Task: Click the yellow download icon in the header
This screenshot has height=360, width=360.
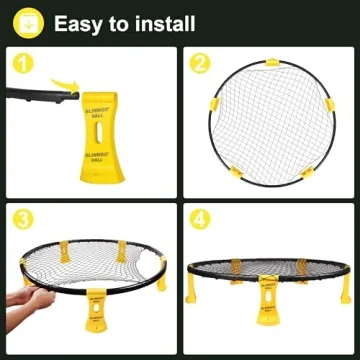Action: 26,22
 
